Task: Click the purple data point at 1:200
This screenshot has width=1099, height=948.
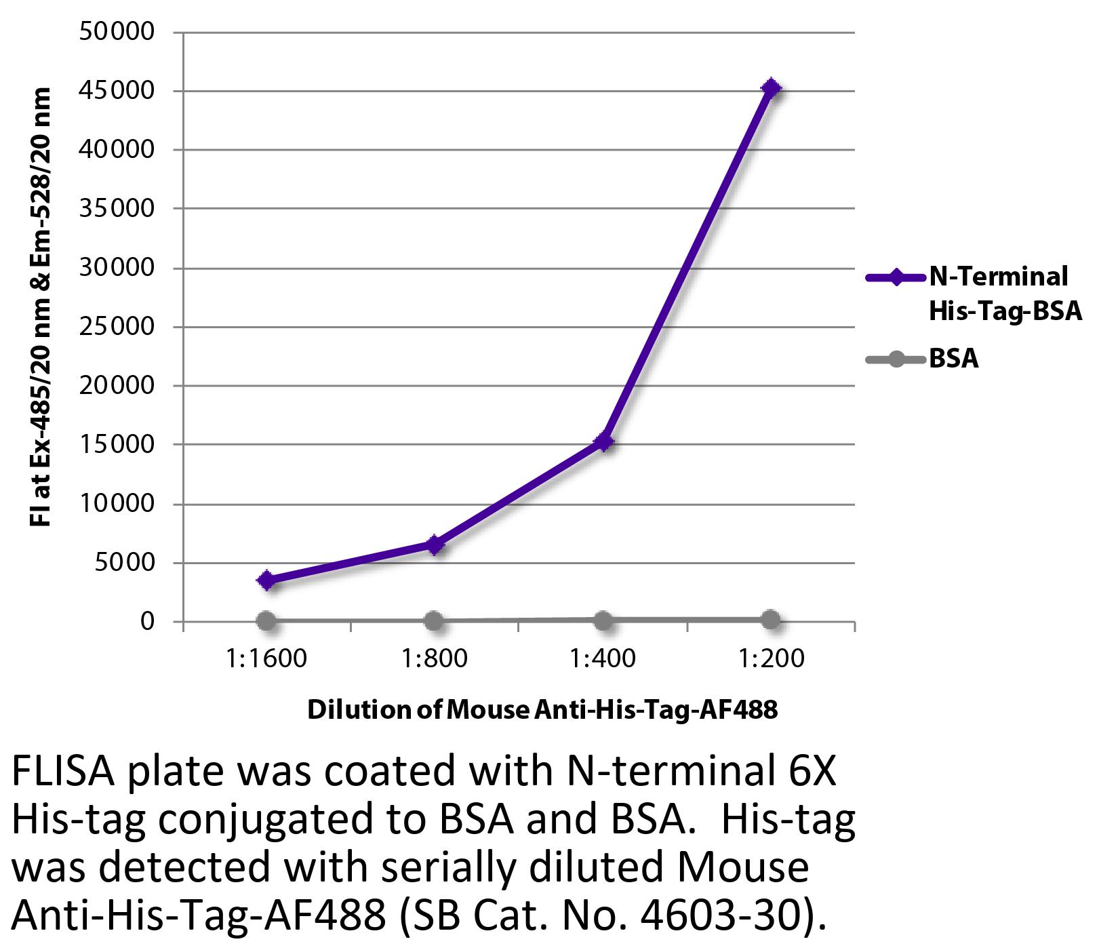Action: tap(771, 88)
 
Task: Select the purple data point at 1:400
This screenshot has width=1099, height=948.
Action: tap(603, 442)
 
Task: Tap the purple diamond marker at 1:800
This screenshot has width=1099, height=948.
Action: tap(435, 545)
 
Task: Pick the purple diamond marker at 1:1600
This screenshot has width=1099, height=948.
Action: tap(266, 580)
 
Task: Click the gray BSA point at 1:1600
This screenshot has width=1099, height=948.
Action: tap(266, 620)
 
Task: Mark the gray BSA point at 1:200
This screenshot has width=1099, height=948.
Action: tap(771, 619)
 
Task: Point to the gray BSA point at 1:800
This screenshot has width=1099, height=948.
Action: tap(435, 620)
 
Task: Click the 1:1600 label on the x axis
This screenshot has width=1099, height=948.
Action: tap(266, 658)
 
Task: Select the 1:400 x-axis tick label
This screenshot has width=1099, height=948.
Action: tap(603, 658)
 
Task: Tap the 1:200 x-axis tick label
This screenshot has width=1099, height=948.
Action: tap(771, 658)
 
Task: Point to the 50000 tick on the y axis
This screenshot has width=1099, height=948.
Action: tap(117, 32)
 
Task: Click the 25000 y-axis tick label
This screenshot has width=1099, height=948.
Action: tap(117, 327)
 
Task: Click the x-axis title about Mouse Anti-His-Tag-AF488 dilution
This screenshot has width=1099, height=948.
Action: tap(542, 710)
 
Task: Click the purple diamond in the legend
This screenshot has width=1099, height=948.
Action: tap(896, 277)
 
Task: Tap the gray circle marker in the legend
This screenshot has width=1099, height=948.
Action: tap(896, 359)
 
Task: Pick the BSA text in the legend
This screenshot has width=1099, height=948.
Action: tap(953, 359)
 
